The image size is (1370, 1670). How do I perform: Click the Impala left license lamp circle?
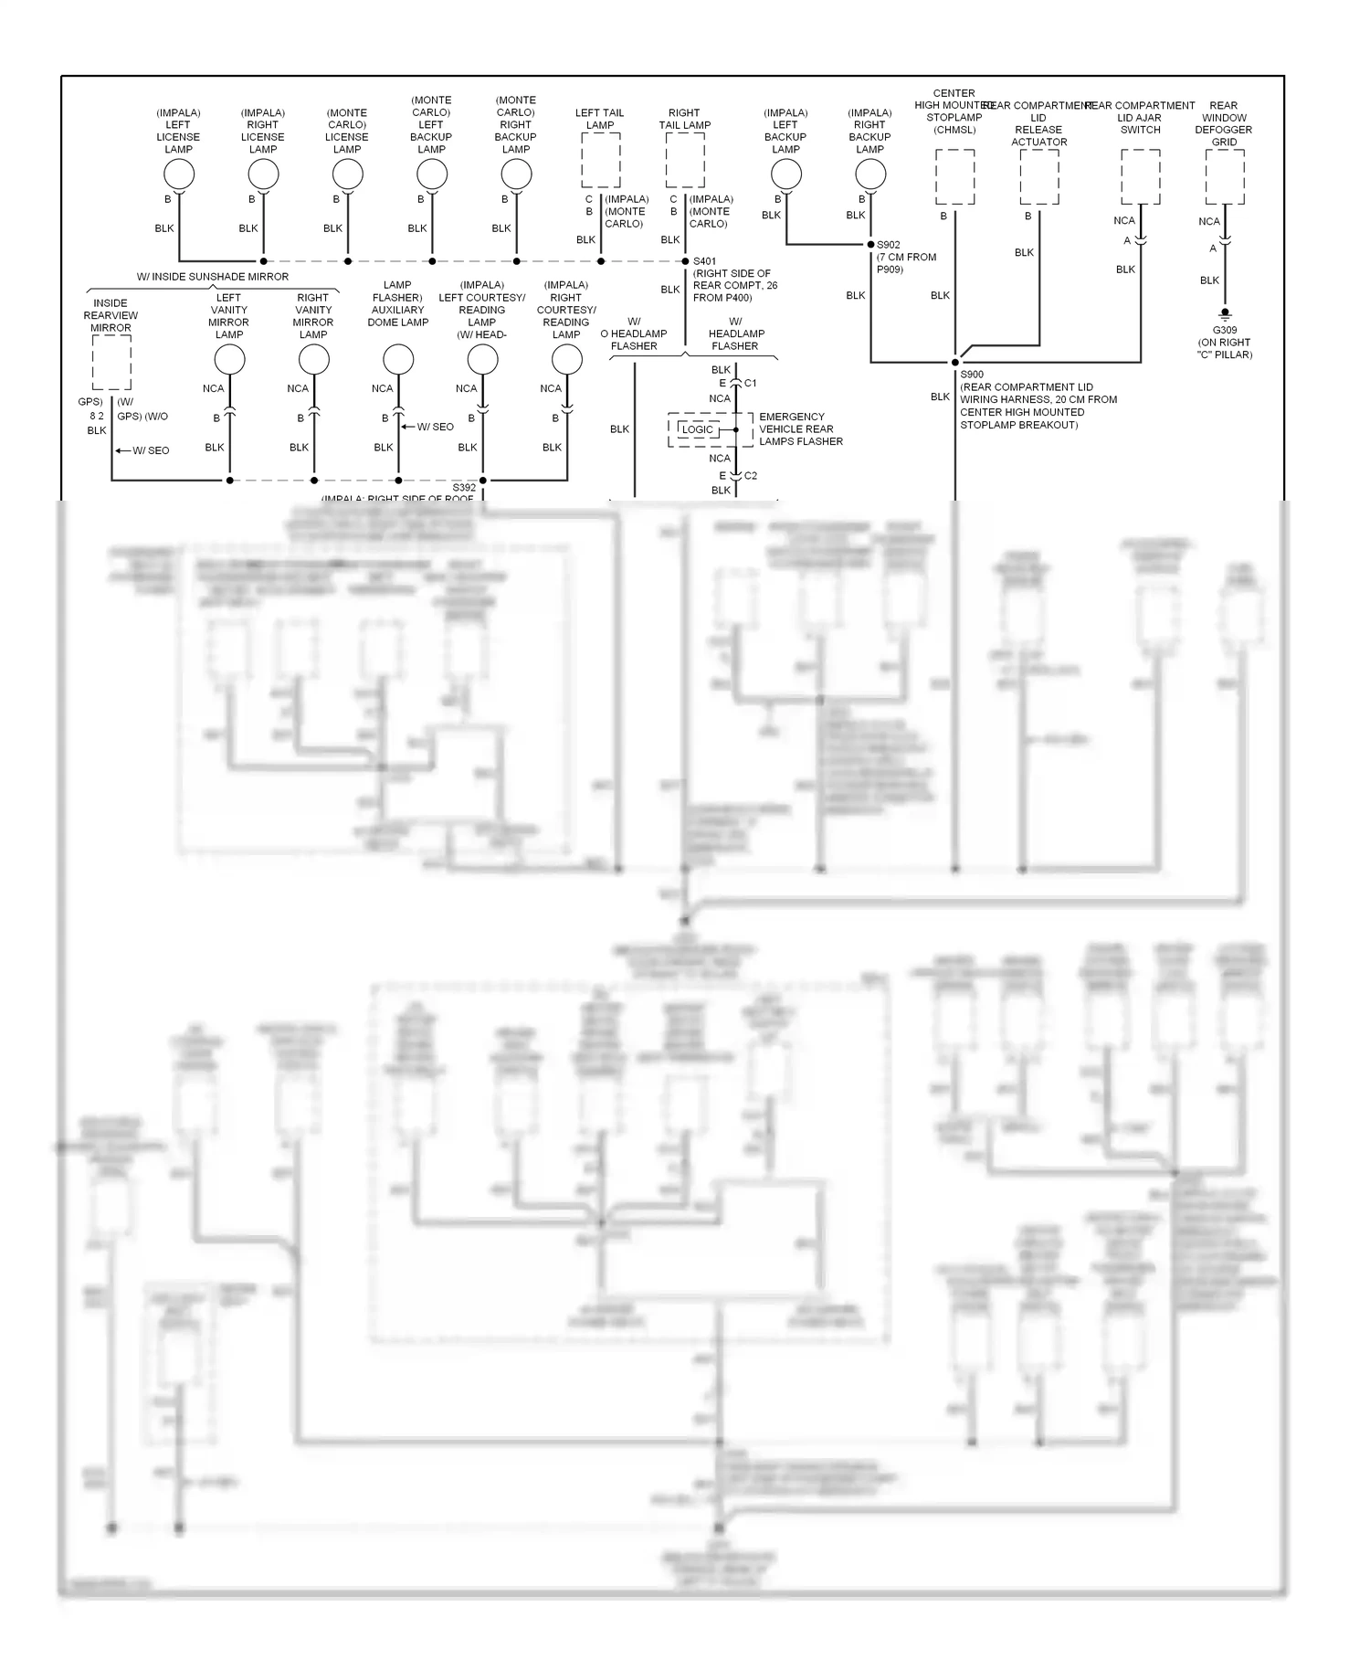click(x=179, y=174)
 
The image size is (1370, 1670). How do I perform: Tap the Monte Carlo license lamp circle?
click(x=347, y=174)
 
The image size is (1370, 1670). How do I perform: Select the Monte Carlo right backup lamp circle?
click(x=516, y=174)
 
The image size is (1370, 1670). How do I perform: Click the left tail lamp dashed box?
click(x=601, y=160)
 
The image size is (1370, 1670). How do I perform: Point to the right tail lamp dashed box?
click(x=685, y=160)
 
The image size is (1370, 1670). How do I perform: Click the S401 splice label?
click(x=704, y=261)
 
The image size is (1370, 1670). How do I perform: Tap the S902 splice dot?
click(x=870, y=245)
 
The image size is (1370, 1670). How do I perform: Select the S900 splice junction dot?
click(x=955, y=363)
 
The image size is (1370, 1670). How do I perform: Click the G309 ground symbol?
click(x=1225, y=313)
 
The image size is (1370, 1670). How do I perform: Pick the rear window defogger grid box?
click(x=1225, y=177)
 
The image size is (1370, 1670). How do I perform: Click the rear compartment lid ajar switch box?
click(x=1141, y=177)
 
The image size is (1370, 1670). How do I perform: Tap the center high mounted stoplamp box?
click(x=955, y=177)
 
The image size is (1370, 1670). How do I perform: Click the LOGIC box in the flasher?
click(x=699, y=429)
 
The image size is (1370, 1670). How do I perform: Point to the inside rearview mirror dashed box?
click(x=111, y=363)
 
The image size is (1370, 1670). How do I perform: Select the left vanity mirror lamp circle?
click(x=229, y=360)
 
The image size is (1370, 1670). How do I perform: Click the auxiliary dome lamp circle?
click(x=398, y=360)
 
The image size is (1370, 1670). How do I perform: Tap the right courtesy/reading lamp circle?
click(x=567, y=360)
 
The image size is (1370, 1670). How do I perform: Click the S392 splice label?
click(x=464, y=488)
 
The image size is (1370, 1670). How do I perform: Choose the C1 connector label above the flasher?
click(x=751, y=384)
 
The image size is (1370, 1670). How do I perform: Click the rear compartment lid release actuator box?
click(x=1039, y=177)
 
